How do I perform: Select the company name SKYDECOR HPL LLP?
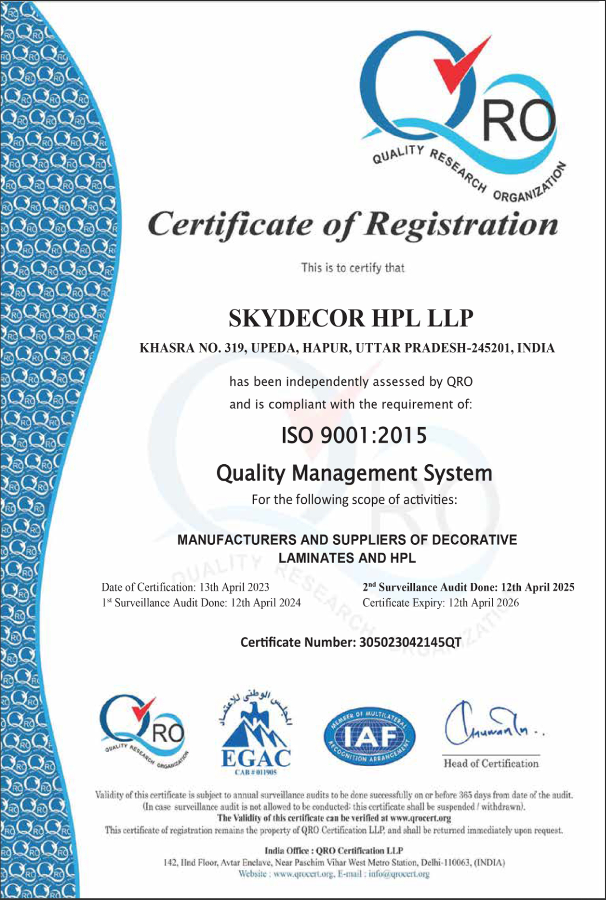pos(351,318)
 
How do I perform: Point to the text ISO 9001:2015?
pos(354,435)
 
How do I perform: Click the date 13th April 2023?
pos(234,587)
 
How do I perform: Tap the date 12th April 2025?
pos(538,587)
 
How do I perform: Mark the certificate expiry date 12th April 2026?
pos(484,603)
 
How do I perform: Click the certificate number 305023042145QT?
pos(410,642)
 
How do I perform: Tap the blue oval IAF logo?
pos(369,735)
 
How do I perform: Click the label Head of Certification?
pos(491,763)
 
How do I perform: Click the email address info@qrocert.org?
pos(399,874)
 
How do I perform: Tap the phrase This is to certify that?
pos(353,268)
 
